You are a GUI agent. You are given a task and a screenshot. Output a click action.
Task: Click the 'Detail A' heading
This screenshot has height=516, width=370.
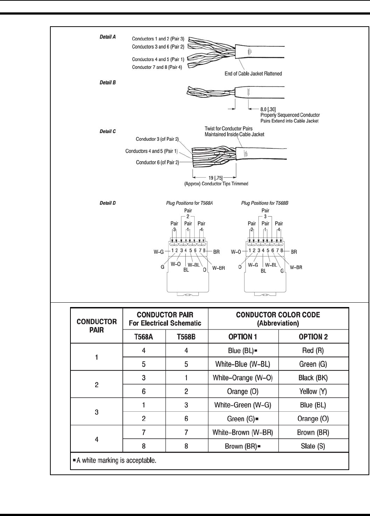[108, 37]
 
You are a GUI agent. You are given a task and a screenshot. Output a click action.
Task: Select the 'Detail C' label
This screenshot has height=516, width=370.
[108, 131]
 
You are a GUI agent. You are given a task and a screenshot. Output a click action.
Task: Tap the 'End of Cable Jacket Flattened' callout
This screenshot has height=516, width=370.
[253, 74]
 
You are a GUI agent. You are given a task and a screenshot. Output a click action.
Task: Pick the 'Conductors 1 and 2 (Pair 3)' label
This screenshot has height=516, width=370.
[158, 39]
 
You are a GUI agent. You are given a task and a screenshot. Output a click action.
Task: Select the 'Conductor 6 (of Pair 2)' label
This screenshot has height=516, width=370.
[157, 162]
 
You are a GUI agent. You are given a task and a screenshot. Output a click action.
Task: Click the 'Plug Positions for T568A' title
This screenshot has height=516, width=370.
[189, 203]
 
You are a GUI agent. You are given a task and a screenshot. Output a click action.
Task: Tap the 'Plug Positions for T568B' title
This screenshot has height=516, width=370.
[265, 203]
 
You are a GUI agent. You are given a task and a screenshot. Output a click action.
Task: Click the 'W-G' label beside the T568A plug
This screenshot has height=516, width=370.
[158, 251]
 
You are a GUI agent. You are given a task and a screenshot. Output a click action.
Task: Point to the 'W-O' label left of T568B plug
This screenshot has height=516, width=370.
[236, 252]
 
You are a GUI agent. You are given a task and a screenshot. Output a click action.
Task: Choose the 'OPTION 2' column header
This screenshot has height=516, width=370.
[313, 337]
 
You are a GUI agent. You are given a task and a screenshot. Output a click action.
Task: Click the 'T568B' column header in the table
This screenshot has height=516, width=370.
[186, 337]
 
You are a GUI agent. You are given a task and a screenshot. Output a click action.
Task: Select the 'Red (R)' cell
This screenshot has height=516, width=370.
[313, 350]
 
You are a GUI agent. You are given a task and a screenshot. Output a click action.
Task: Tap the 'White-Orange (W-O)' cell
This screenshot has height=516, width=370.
[243, 378]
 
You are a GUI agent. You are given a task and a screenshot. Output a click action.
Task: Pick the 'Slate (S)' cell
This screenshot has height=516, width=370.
[313, 446]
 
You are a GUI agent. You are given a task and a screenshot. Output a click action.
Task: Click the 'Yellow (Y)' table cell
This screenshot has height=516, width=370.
[313, 391]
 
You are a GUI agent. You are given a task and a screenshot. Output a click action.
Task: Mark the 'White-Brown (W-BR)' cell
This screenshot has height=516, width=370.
[243, 432]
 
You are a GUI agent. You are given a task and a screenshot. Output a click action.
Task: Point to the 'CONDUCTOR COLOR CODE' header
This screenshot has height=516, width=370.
[278, 315]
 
